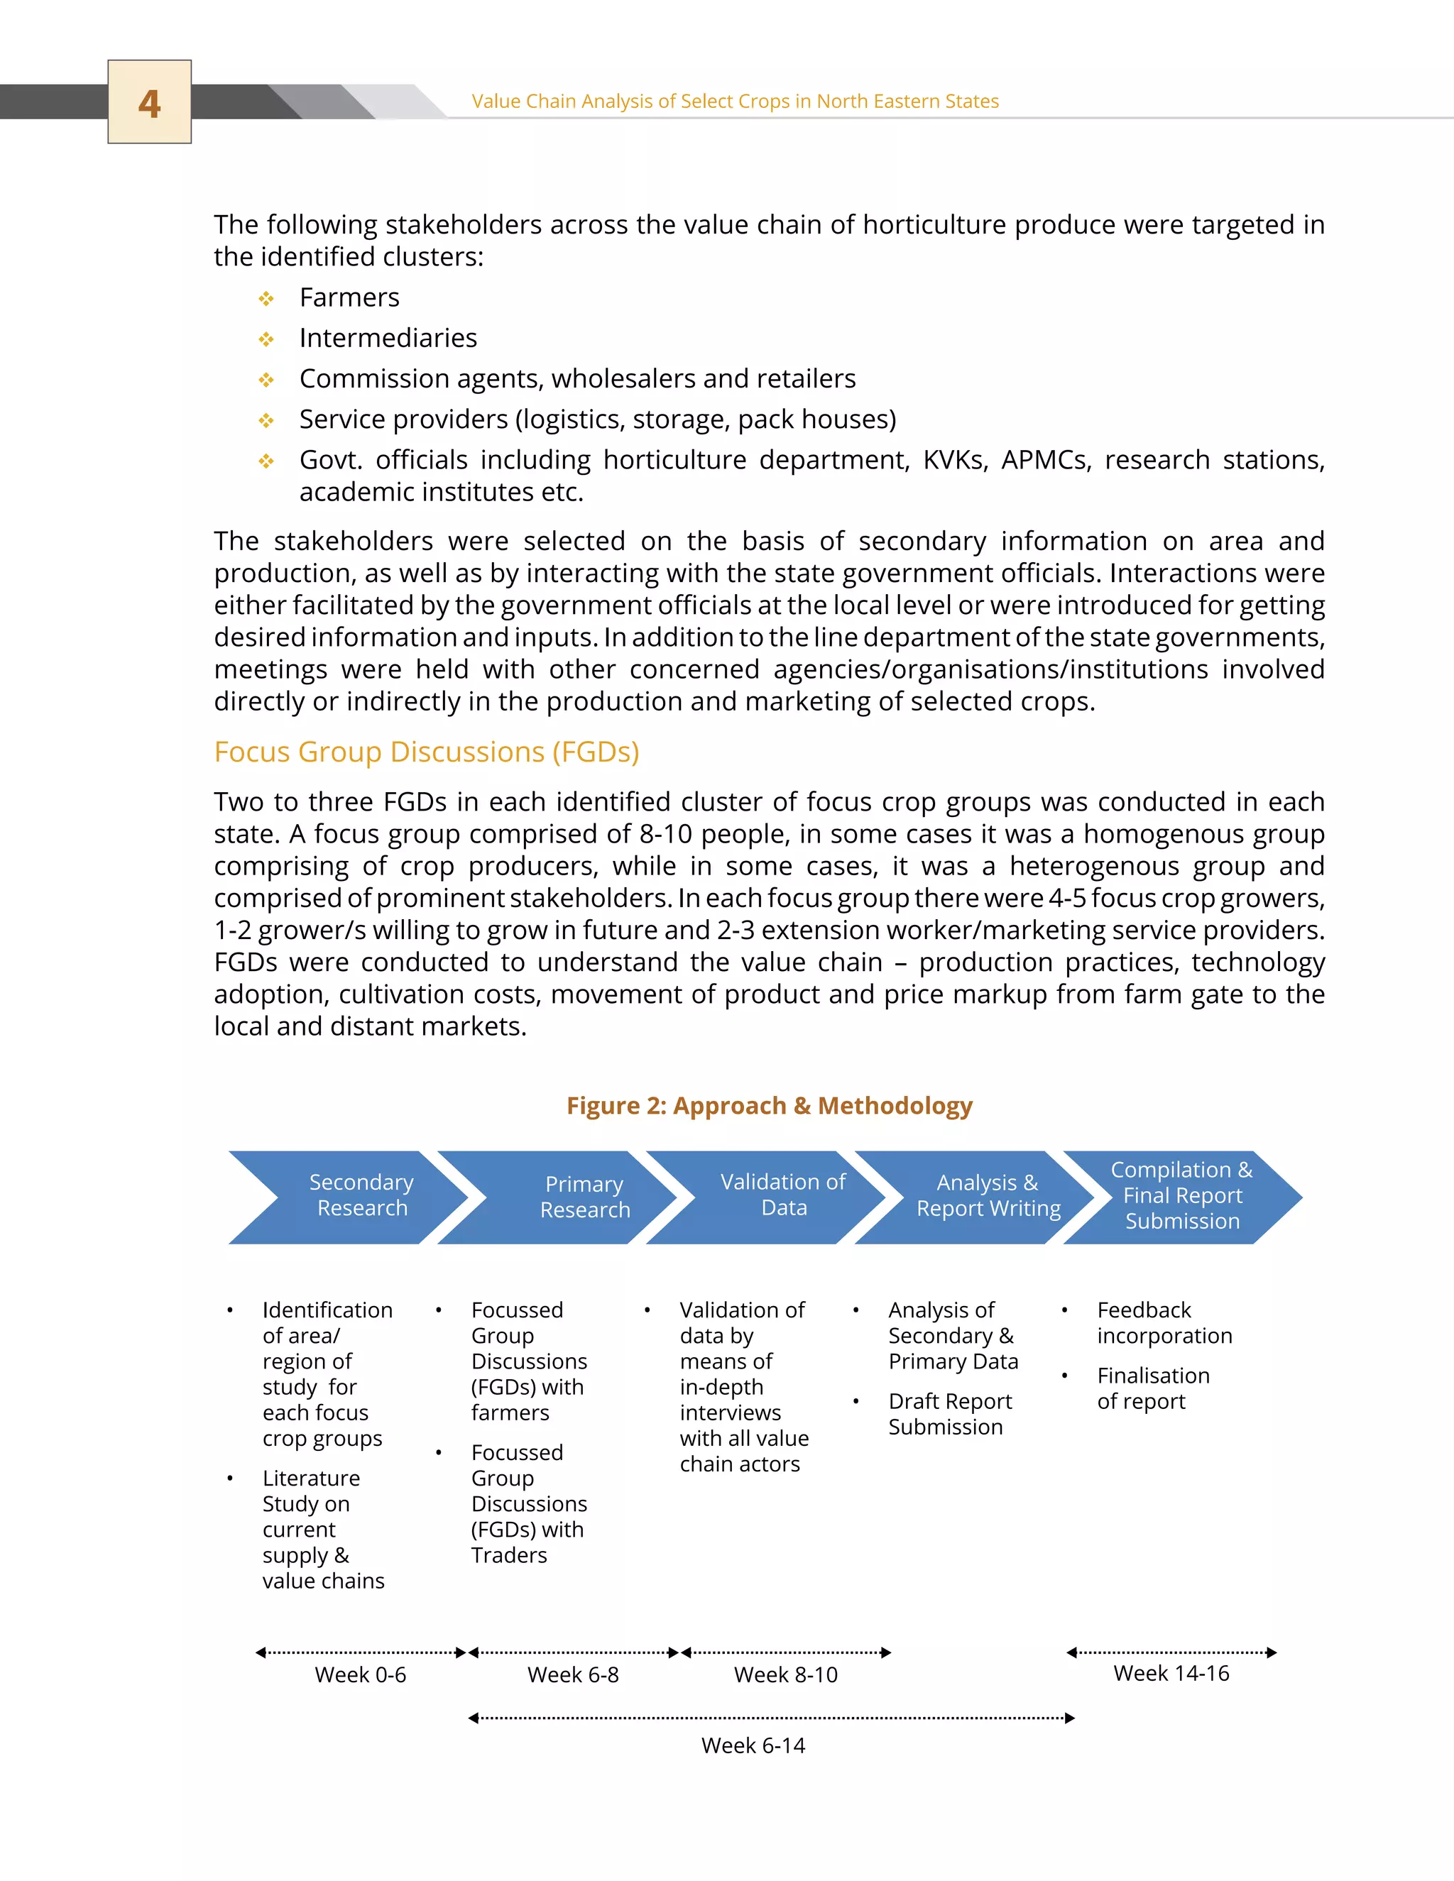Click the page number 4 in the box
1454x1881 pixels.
(149, 104)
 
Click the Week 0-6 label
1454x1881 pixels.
(360, 1675)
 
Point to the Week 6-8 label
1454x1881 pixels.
(573, 1675)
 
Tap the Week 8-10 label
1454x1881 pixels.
(786, 1675)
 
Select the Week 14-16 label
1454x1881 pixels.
(1171, 1674)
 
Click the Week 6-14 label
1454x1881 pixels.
(753, 1746)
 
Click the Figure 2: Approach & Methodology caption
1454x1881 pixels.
(769, 1106)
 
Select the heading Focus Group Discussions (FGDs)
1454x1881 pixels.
(427, 752)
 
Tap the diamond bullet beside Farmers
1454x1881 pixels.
(266, 299)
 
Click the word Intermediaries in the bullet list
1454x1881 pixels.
(388, 338)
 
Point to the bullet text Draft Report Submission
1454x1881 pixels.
(949, 1414)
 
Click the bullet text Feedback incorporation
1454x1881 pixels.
(1164, 1323)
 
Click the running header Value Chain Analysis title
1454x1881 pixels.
(735, 102)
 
